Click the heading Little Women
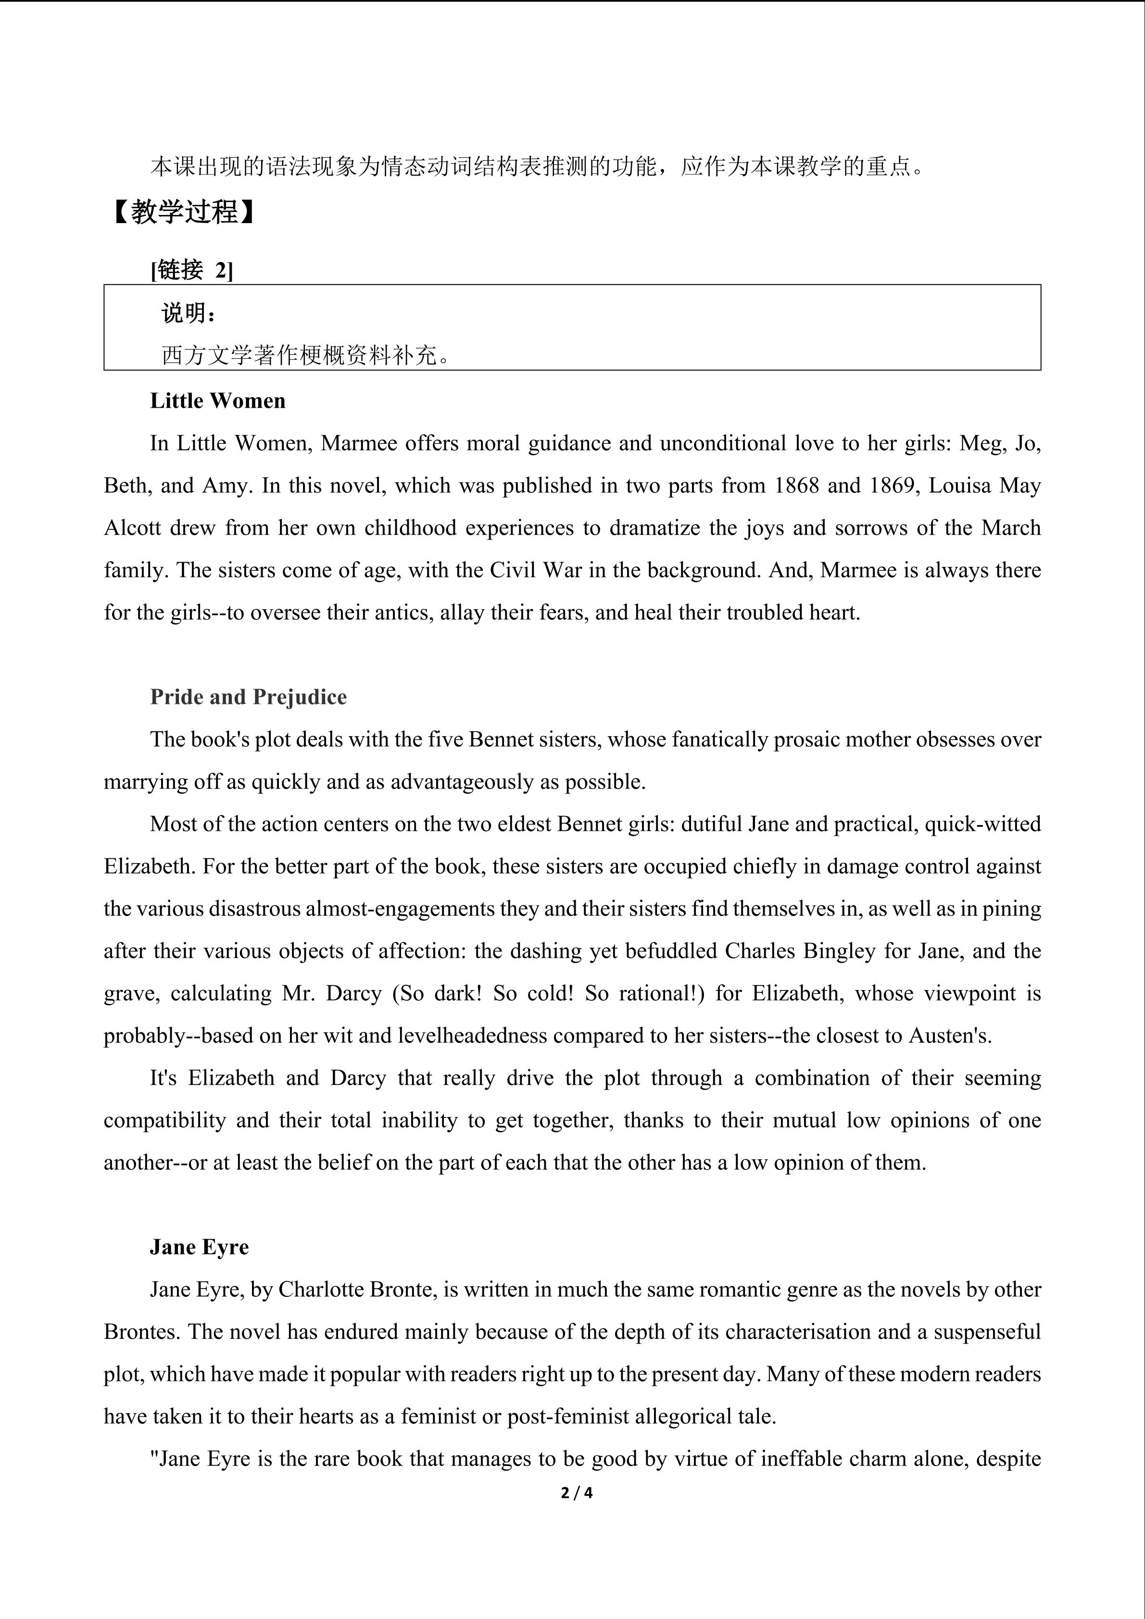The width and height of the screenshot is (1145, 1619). (x=217, y=401)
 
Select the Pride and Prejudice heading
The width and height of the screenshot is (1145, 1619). (x=248, y=697)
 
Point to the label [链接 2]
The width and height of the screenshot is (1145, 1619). (x=191, y=269)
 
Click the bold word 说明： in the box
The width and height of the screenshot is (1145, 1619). (x=189, y=313)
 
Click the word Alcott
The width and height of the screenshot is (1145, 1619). (x=132, y=528)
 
